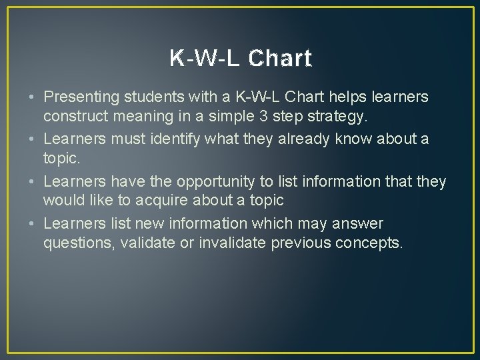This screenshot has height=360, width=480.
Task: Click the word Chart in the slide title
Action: tap(279, 59)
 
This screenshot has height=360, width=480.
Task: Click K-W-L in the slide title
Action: tap(205, 59)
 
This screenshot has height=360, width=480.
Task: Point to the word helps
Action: tap(336, 97)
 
